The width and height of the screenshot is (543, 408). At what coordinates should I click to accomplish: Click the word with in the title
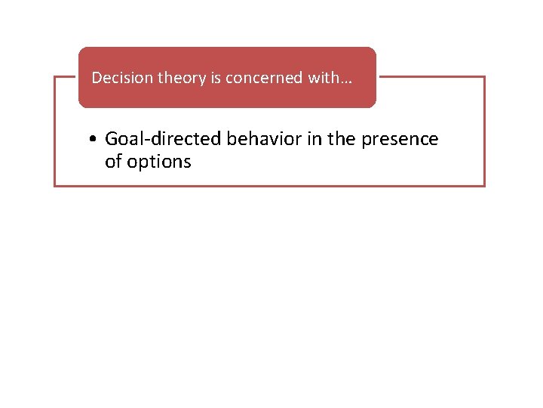(x=321, y=78)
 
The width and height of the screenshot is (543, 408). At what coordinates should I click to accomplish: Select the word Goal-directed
(x=164, y=139)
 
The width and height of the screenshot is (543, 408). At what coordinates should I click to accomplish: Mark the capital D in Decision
(x=96, y=78)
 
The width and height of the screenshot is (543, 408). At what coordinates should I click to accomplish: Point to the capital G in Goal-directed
(x=113, y=139)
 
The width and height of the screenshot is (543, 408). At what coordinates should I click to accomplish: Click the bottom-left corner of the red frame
(x=55, y=185)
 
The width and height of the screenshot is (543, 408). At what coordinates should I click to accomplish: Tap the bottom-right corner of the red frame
(x=484, y=185)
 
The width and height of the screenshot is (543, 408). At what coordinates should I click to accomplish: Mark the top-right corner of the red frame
(x=484, y=77)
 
